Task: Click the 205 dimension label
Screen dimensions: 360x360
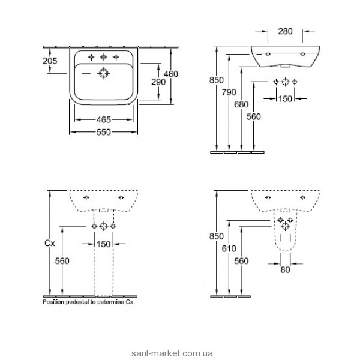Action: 50,61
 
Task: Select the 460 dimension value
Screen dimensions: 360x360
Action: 171,74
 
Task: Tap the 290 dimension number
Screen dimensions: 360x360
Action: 158,82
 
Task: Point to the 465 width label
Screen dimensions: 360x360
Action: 104,119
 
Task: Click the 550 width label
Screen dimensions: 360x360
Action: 104,132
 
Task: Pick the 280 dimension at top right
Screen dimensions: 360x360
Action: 286,31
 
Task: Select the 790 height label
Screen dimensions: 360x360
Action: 229,92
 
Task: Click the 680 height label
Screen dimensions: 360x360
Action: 241,104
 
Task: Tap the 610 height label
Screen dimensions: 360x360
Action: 229,248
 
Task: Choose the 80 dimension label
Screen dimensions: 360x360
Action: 286,270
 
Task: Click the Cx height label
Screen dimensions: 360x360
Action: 50,244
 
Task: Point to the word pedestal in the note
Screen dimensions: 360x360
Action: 77,302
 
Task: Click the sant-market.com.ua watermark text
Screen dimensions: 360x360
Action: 172,353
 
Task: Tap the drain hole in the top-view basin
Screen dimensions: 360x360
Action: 104,73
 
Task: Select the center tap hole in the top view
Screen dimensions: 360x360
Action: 104,57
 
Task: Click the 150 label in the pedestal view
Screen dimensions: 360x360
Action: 104,244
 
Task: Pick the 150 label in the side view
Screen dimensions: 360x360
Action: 285,99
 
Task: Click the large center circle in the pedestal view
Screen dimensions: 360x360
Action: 104,226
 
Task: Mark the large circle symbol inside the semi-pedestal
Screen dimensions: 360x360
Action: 286,226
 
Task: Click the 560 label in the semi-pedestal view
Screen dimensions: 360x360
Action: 241,261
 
